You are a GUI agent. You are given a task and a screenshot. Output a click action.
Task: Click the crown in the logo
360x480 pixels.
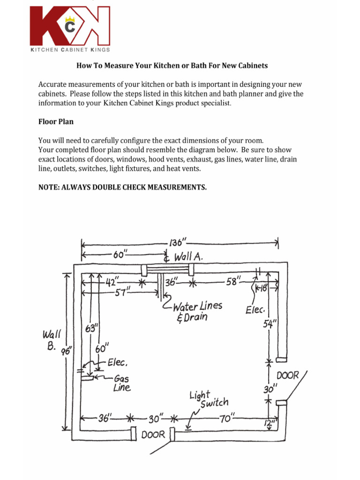pos(70,20)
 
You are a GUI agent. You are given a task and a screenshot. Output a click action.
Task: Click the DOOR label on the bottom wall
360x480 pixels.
pos(153,435)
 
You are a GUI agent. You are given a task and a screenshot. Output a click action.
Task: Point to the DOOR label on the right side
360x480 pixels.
pos(287,376)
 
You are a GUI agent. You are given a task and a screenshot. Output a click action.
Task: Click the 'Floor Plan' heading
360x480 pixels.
pos(56,121)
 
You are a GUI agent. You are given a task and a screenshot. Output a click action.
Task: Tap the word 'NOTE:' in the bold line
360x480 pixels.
pos(49,187)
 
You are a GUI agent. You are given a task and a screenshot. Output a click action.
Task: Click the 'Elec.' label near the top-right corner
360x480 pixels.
pos(255,310)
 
